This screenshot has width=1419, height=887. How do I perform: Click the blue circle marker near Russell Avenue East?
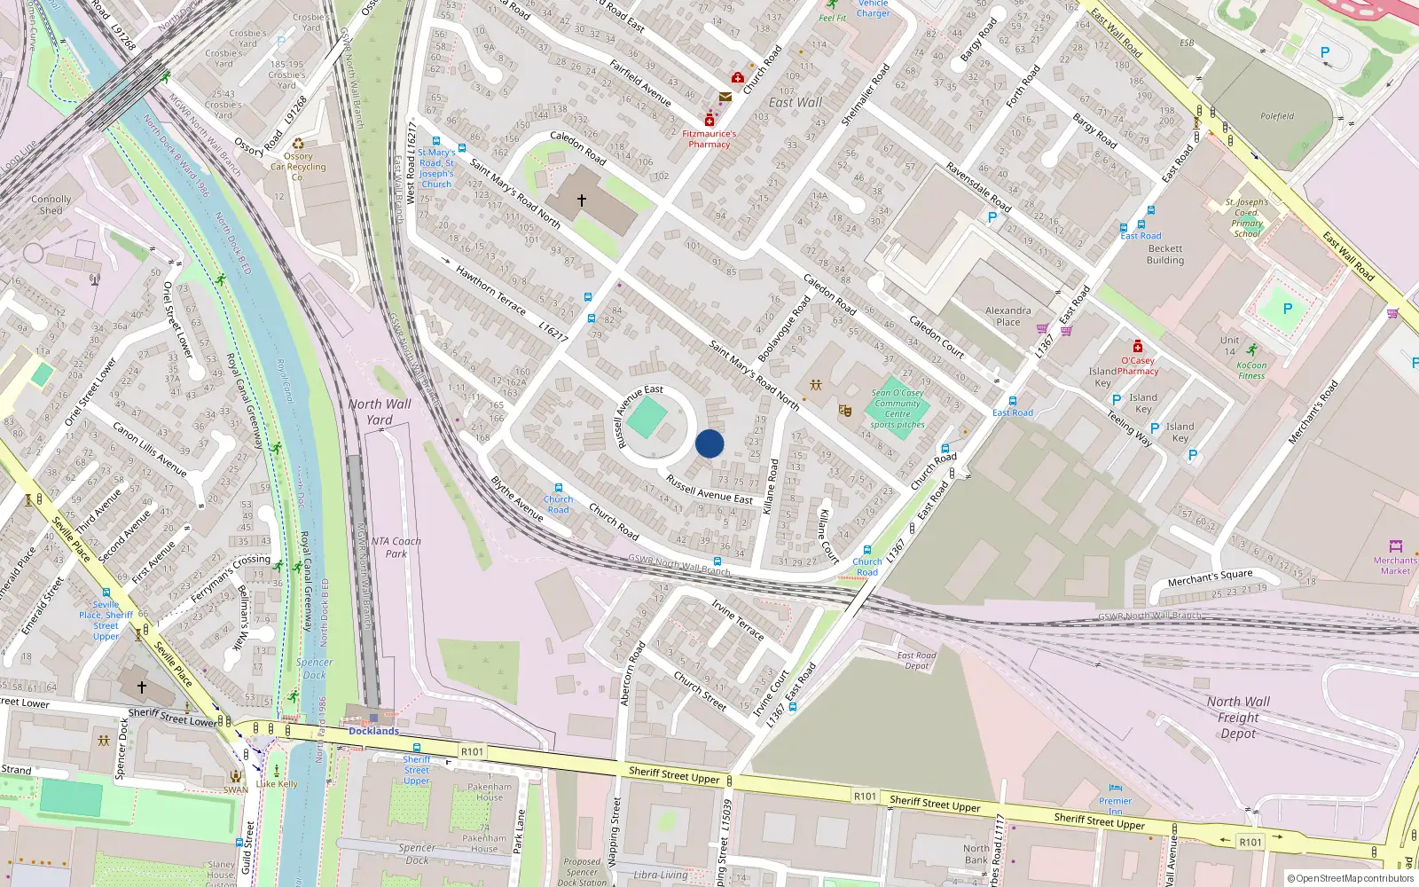[x=709, y=443]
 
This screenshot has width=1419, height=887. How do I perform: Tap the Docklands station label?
[x=373, y=731]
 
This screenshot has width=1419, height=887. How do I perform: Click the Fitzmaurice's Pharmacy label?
[x=709, y=139]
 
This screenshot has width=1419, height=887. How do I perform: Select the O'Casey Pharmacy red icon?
[x=1138, y=346]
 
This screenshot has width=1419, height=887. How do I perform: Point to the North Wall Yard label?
[x=380, y=412]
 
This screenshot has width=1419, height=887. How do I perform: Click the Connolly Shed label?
[x=51, y=205]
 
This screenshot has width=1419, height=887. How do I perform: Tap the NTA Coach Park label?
[x=396, y=547]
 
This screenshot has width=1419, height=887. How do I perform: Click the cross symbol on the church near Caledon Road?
[x=582, y=201]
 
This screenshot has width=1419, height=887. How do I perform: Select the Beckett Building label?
[x=1164, y=255]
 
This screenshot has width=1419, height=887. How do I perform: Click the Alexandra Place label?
[x=1008, y=317]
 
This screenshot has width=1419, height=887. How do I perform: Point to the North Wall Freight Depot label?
[x=1238, y=717]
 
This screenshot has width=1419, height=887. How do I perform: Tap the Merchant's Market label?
[x=1395, y=565]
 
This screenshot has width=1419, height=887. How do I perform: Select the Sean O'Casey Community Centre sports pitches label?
[x=898, y=409]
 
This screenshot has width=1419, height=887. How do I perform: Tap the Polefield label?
[x=1277, y=116]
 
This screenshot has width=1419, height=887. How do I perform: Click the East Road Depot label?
[x=917, y=661]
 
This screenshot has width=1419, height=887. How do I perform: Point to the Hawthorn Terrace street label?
[x=490, y=290]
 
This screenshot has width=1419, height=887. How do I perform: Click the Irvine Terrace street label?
[x=737, y=618]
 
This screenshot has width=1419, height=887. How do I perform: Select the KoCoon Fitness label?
[x=1251, y=370]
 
